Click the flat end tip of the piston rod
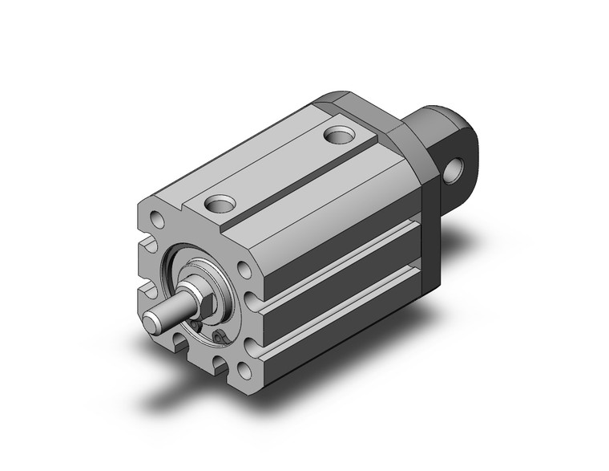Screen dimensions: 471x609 pyautogui.click(x=152, y=323)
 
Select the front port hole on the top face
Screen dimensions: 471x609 pyautogui.click(x=219, y=205)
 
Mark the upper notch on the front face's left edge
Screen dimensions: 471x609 pyautogui.click(x=147, y=243)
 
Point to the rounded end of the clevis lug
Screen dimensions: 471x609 pyautogui.click(x=473, y=152)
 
